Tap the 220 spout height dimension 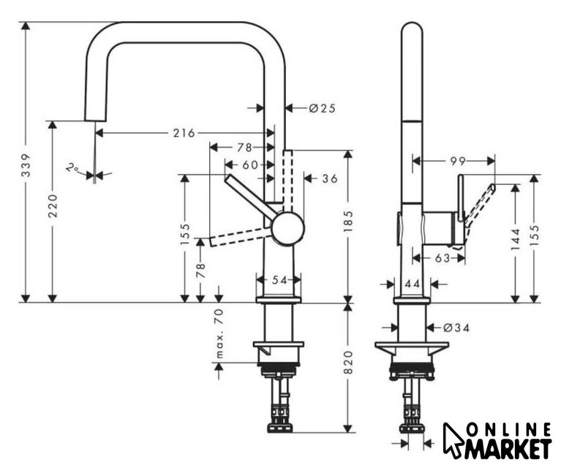tap(53, 205)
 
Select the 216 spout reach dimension tap(184, 133)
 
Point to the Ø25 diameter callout tap(323, 108)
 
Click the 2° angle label tap(72, 167)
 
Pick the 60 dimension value tap(250, 165)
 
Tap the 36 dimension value tap(330, 178)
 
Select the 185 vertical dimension tap(348, 221)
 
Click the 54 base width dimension tap(279, 280)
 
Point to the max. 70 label tap(219, 333)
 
